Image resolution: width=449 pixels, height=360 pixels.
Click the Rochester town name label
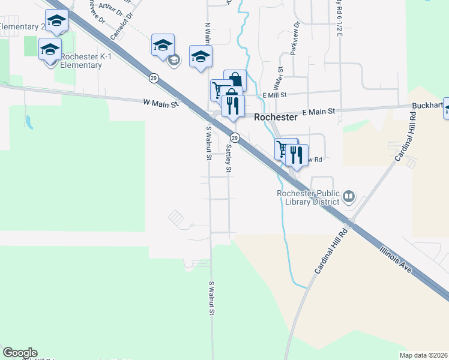(x=276, y=118)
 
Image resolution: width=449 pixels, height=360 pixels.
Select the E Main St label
(x=318, y=112)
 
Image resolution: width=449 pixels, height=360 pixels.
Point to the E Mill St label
(x=276, y=95)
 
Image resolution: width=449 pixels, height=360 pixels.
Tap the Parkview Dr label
(x=294, y=40)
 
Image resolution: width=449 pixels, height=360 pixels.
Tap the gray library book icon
(x=348, y=196)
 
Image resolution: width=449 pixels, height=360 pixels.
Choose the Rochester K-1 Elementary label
(x=80, y=61)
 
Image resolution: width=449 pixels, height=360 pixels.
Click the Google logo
(x=20, y=353)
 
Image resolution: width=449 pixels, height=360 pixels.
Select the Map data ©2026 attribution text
(x=423, y=355)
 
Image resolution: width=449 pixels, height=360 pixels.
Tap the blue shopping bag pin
(x=235, y=80)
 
